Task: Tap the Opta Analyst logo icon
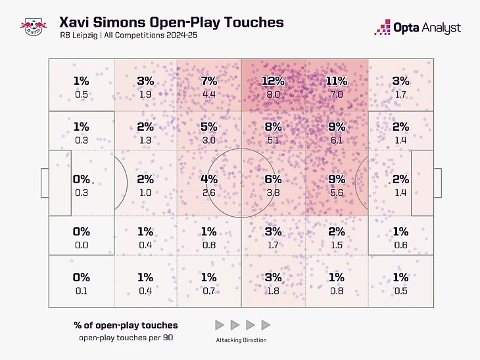tap(383, 27)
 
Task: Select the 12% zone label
tap(273, 81)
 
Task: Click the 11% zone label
tap(336, 81)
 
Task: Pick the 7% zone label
tap(209, 81)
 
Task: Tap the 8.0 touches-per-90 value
tap(273, 94)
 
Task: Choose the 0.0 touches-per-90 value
tap(82, 244)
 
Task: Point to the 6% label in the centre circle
tap(273, 179)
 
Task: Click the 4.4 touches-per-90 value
tap(209, 94)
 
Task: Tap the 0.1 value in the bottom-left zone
tap(82, 291)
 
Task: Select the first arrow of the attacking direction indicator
tap(220, 325)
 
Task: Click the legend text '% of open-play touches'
tap(126, 325)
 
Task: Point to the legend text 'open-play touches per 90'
tap(126, 338)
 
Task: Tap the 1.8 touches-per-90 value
tap(273, 291)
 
